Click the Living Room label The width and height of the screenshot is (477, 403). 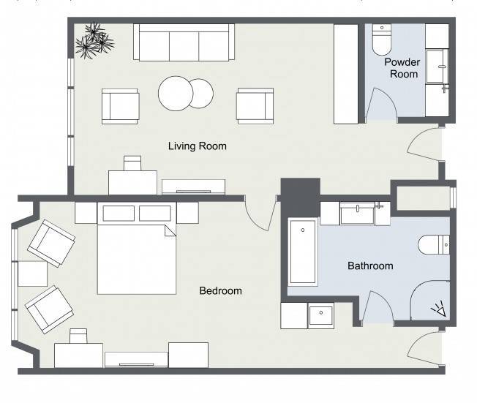tap(198, 146)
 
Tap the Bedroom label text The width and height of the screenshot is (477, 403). tap(220, 291)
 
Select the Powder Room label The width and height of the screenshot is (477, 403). tap(402, 68)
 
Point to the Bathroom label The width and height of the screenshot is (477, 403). tap(370, 265)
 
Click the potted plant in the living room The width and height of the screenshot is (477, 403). tap(94, 40)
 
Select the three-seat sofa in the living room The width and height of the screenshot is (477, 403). tap(184, 42)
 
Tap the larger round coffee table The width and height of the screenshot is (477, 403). tap(176, 94)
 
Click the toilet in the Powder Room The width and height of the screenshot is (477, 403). tap(381, 39)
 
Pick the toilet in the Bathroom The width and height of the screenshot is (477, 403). tap(434, 244)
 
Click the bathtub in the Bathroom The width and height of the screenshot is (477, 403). tap(303, 252)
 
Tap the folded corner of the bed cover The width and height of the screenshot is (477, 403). tap(170, 230)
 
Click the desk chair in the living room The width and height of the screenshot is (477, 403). tap(132, 163)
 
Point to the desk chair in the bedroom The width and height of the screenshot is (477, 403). tap(78, 336)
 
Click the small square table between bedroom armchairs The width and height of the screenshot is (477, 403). tap(32, 274)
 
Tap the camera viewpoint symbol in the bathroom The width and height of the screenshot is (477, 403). tap(439, 309)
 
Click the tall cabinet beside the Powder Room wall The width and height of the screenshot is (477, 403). tap(346, 74)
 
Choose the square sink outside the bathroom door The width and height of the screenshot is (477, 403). tap(321, 315)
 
